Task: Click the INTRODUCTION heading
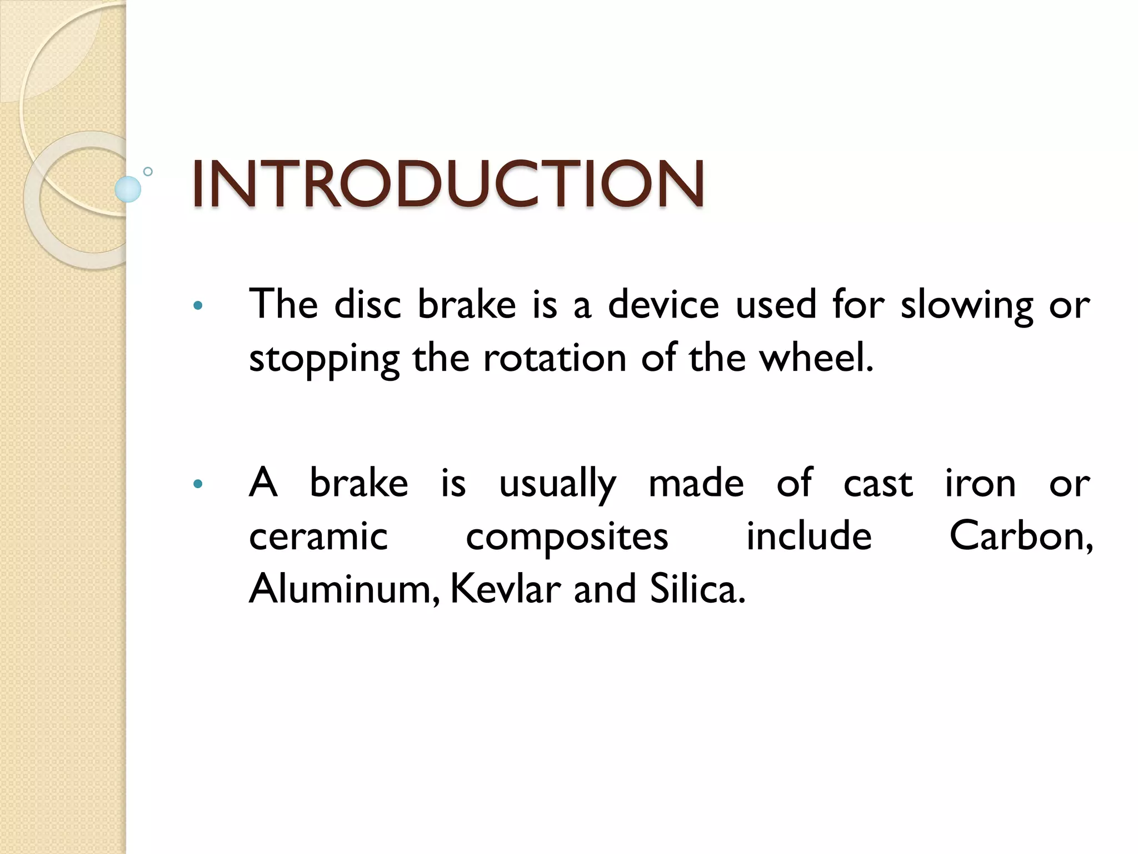click(448, 184)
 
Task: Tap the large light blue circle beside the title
click(128, 189)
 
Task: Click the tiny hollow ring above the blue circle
click(148, 172)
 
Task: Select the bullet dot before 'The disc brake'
click(197, 306)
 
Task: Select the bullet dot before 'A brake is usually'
click(197, 484)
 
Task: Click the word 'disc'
click(367, 305)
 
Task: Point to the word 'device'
click(663, 305)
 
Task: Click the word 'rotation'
click(555, 358)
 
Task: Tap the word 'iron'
click(981, 483)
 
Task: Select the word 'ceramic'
click(318, 537)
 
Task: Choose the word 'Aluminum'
click(340, 589)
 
